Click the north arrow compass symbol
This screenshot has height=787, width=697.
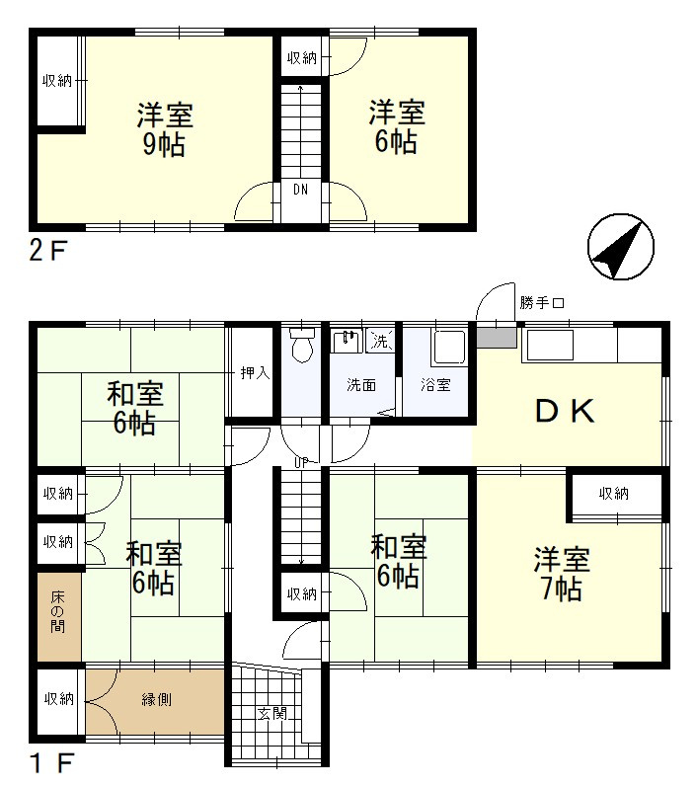(620, 247)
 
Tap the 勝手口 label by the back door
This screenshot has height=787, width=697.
(542, 303)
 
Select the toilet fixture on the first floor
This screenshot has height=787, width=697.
(301, 345)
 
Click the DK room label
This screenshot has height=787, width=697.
(565, 411)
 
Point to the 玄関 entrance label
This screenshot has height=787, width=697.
(271, 713)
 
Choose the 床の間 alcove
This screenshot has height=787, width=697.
(58, 616)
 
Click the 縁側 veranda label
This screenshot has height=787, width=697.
(157, 699)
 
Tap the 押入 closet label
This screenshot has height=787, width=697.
(255, 373)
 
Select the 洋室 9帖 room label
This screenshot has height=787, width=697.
(165, 129)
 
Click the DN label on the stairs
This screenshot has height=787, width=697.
(300, 190)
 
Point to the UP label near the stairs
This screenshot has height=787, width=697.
(301, 463)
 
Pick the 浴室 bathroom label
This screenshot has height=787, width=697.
(435, 385)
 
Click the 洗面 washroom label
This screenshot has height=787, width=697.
(361, 385)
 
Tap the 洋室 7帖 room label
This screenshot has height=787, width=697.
(562, 574)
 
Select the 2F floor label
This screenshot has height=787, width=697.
(47, 251)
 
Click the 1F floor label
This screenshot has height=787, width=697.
(51, 763)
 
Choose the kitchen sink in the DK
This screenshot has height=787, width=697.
(548, 345)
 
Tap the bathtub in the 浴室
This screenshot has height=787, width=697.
(449, 347)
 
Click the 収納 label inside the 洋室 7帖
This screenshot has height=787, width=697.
(614, 494)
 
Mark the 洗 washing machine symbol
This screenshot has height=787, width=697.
(380, 342)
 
